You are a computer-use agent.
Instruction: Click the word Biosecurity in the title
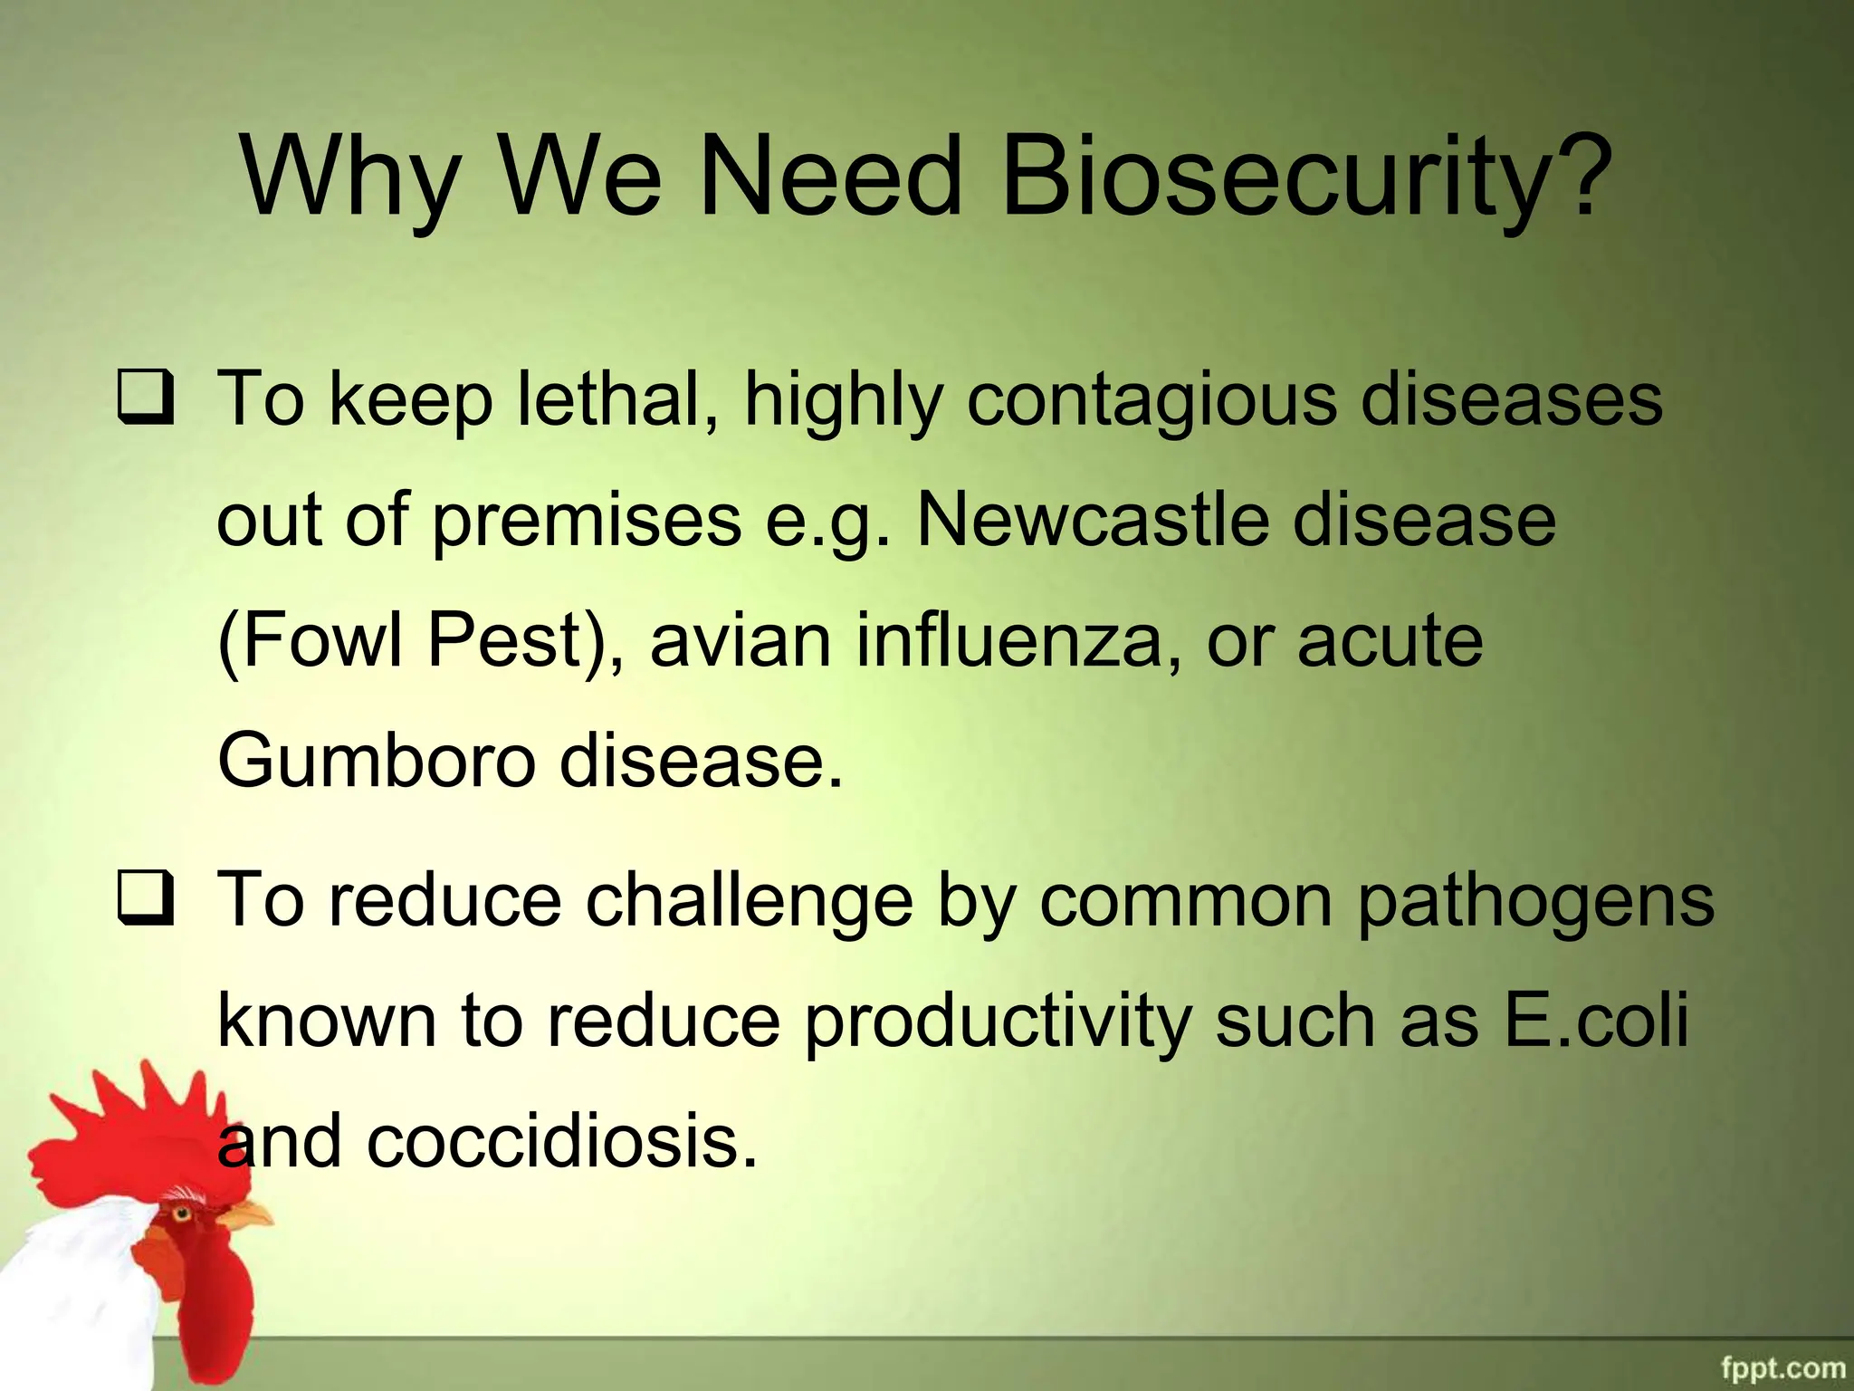[x=1304, y=177]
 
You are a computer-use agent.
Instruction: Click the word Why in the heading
[x=350, y=177]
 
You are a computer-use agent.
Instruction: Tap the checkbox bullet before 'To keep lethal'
[x=145, y=399]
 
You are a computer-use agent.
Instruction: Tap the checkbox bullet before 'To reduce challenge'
[x=145, y=900]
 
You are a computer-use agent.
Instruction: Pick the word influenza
[x=1008, y=640]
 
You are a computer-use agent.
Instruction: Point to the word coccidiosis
[x=561, y=1141]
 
